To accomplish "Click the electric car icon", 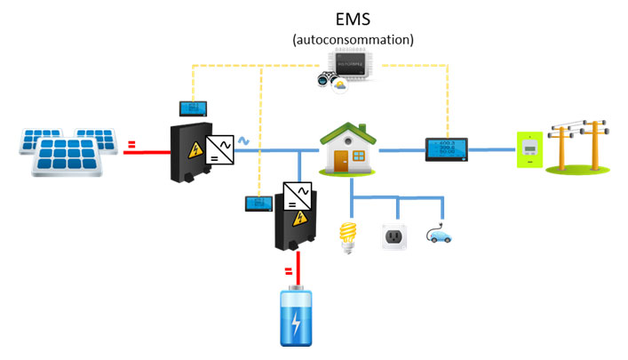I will tap(440, 236).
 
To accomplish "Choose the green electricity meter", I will tap(530, 148).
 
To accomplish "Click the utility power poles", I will tap(576, 145).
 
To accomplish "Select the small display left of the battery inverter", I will tap(258, 204).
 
